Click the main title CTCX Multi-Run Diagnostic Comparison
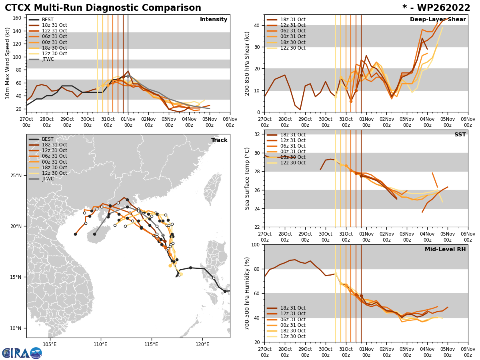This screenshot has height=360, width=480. (103, 8)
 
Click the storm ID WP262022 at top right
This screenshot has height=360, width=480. (436, 8)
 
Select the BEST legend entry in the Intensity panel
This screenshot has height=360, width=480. (48, 20)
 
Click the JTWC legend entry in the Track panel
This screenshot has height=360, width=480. (48, 179)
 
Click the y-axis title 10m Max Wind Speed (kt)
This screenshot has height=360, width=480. (8, 63)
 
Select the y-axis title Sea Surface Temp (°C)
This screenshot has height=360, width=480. (247, 178)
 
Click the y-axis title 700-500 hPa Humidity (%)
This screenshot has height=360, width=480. (247, 293)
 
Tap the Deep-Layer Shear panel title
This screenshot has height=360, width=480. (438, 20)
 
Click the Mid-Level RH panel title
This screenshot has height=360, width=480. (445, 250)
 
